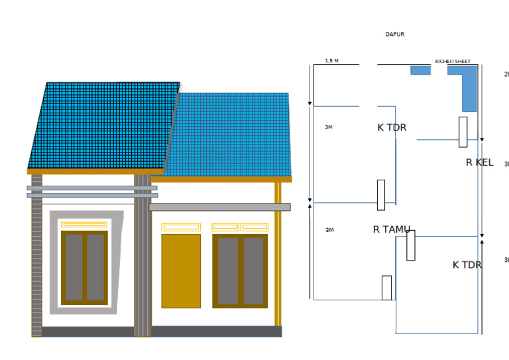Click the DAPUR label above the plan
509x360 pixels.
coord(394,34)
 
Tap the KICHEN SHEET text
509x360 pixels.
coord(453,62)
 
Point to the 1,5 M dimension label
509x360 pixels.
coord(331,61)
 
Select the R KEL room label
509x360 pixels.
coord(479,162)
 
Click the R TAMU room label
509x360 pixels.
coord(391,229)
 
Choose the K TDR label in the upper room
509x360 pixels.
coord(392,127)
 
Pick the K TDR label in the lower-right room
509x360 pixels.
coord(467,265)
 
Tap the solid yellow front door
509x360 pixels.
coord(181,270)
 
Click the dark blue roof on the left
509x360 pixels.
coord(103,126)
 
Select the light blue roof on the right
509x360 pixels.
coord(232,136)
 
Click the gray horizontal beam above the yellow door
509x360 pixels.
coord(219,207)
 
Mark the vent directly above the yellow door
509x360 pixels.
coord(181,227)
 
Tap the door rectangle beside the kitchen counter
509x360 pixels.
coord(463,132)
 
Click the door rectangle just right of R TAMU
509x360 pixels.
coord(411,245)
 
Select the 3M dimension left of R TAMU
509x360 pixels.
coord(329,230)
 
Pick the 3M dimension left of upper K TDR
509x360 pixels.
coord(329,127)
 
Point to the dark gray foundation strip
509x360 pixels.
coord(159,331)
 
